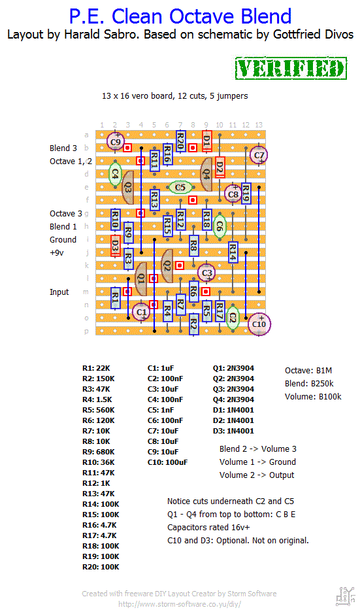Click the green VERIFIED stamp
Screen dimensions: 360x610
291,69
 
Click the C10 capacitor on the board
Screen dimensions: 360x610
259,324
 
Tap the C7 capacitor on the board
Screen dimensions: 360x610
259,155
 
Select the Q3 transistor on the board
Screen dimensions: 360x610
127,188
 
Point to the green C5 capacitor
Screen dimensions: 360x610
180,188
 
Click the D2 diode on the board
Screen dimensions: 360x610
220,167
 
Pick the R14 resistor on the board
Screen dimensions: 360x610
233,252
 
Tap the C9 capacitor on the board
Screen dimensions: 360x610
116,142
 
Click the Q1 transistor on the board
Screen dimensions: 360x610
140,279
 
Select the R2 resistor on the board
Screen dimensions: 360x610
193,324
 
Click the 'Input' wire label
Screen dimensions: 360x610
59,292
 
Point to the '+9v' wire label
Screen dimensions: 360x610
57,253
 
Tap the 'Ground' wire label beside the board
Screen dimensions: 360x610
63,240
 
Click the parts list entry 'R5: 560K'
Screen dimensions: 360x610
99,410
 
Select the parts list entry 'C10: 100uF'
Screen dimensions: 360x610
167,462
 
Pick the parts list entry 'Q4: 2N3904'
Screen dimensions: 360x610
233,399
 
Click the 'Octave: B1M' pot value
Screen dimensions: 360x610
308,370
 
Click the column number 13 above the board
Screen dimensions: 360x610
259,125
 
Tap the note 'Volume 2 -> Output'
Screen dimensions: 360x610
257,475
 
